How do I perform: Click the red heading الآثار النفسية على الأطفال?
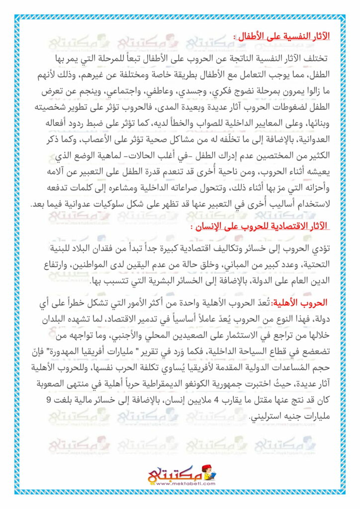283,37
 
